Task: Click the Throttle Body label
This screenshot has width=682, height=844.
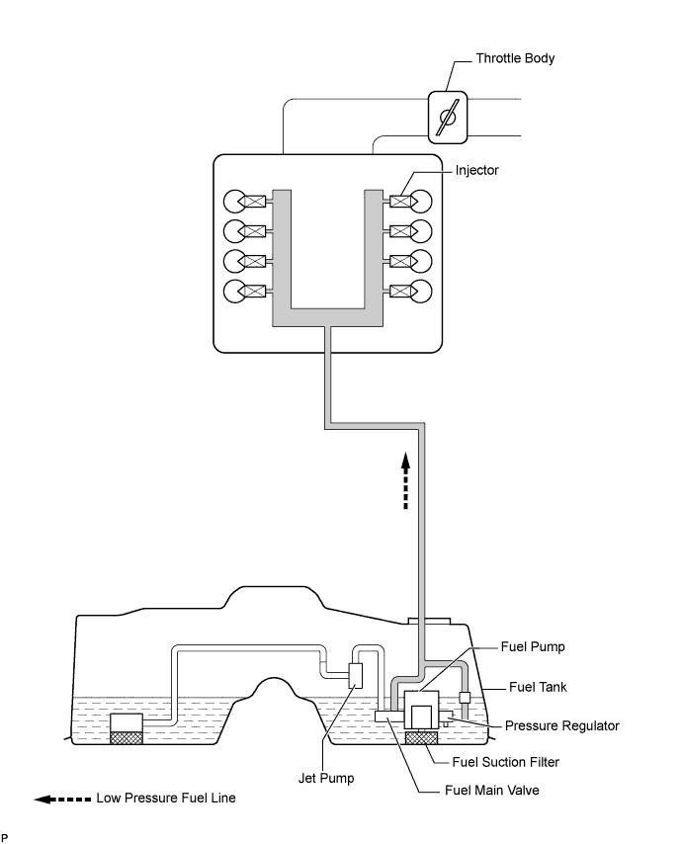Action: (515, 58)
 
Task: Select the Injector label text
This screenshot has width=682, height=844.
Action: (476, 170)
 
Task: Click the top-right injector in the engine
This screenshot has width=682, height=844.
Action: (401, 202)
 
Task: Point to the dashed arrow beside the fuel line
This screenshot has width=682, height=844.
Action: (404, 481)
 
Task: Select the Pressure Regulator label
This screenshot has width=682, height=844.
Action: (561, 725)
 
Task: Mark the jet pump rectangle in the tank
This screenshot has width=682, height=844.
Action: (357, 677)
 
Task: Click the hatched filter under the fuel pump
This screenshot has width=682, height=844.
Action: (422, 737)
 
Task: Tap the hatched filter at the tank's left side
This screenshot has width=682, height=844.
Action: (127, 737)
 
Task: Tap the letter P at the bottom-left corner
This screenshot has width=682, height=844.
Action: (5, 837)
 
